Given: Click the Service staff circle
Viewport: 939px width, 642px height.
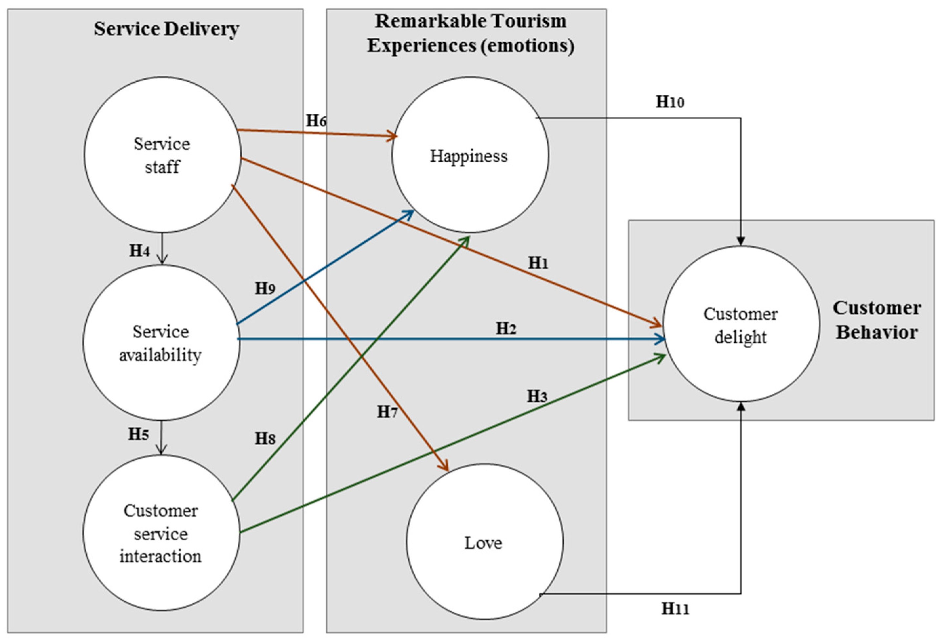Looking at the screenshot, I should pos(162,155).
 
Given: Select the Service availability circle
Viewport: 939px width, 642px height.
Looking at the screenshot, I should pos(161,343).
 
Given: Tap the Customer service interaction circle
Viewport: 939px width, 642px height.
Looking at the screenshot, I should pos(161,533).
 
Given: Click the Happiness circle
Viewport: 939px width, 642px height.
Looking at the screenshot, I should pos(470,155).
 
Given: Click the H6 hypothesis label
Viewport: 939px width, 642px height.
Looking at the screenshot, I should pos(316,120).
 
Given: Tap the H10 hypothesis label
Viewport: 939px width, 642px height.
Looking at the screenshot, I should pos(669,102).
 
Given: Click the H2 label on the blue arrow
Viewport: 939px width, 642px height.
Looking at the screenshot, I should pos(506,329).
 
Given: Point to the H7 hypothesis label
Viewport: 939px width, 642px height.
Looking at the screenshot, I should pos(387,412).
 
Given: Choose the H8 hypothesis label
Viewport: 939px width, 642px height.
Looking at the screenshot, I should pos(265,438).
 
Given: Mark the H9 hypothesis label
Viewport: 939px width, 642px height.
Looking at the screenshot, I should pos(265,289).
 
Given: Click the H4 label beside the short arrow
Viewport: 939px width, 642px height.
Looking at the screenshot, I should pos(139,251).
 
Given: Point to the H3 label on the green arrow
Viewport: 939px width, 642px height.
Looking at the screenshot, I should pos(537,396).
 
